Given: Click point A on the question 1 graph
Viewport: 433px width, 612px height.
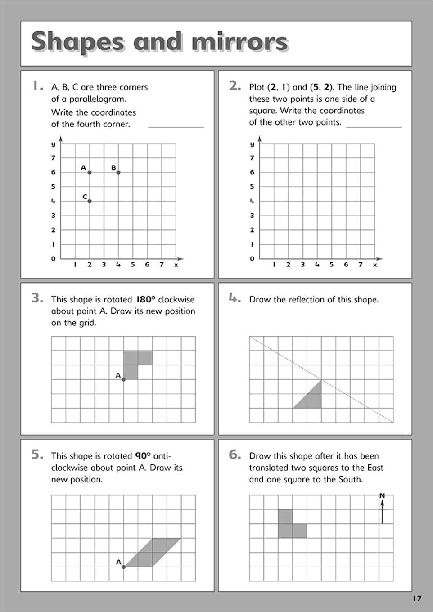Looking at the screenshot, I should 90,172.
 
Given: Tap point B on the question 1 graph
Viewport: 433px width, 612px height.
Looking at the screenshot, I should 118,172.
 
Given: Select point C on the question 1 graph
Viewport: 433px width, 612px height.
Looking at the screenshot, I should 90,201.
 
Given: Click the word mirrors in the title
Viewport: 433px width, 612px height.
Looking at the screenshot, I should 239,42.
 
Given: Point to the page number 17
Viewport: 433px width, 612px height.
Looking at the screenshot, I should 417,598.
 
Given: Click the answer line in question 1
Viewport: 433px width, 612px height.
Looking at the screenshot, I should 176,127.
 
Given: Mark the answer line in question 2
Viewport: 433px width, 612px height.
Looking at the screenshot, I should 374,127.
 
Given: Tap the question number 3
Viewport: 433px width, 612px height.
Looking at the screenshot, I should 37,298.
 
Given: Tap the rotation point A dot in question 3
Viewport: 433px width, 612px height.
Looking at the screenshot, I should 124,379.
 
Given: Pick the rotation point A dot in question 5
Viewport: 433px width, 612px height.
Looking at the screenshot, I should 124,567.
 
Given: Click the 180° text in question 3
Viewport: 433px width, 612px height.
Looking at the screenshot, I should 145,300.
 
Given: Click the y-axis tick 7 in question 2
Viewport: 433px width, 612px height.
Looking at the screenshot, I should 252,158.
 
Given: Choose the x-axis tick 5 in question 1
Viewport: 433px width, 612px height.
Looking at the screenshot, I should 133,265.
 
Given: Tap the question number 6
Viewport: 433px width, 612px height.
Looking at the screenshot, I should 235,454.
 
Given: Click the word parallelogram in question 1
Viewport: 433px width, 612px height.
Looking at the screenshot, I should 98,99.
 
